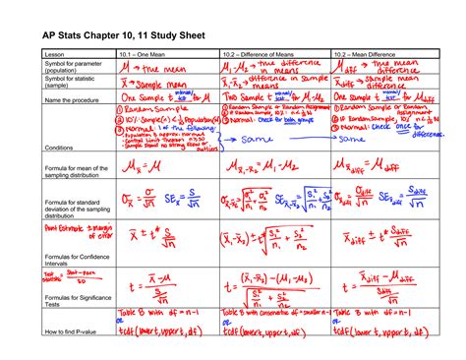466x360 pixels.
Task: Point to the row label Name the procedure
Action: tap(66, 100)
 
